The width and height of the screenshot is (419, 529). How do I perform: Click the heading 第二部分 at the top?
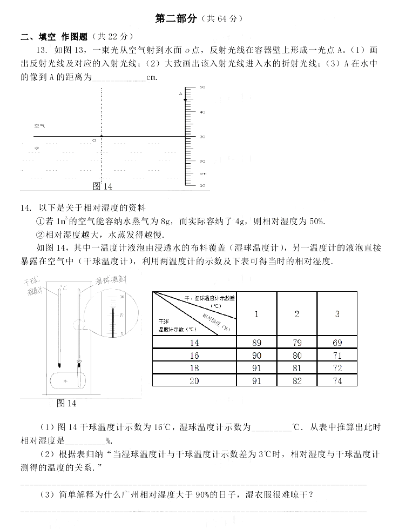coord(175,18)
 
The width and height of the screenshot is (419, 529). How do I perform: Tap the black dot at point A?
coord(186,99)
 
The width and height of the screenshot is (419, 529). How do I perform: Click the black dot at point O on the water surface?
coord(101,137)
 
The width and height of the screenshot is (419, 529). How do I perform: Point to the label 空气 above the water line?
coord(39,125)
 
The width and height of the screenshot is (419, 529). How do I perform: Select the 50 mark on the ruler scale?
coord(202,87)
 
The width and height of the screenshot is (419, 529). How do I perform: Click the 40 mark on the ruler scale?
coord(202,112)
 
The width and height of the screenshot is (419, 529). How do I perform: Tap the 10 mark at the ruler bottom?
coord(202,185)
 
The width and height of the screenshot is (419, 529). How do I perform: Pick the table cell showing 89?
coord(256,343)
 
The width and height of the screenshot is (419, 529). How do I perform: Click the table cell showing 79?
coord(296,343)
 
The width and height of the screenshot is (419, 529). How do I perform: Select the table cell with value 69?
coord(337,343)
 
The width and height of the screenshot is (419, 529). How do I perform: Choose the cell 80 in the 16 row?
coord(296,356)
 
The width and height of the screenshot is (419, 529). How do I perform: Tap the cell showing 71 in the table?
coord(337,356)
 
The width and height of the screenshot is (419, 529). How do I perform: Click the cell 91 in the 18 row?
coord(256,369)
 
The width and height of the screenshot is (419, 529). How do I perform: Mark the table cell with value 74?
coord(337,381)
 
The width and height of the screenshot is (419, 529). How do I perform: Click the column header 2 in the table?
coord(296,314)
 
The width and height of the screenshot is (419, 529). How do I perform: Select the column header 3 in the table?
coord(337,314)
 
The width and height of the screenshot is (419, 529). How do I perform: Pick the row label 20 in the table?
coord(194,381)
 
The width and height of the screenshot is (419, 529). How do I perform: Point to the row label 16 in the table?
coord(194,356)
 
